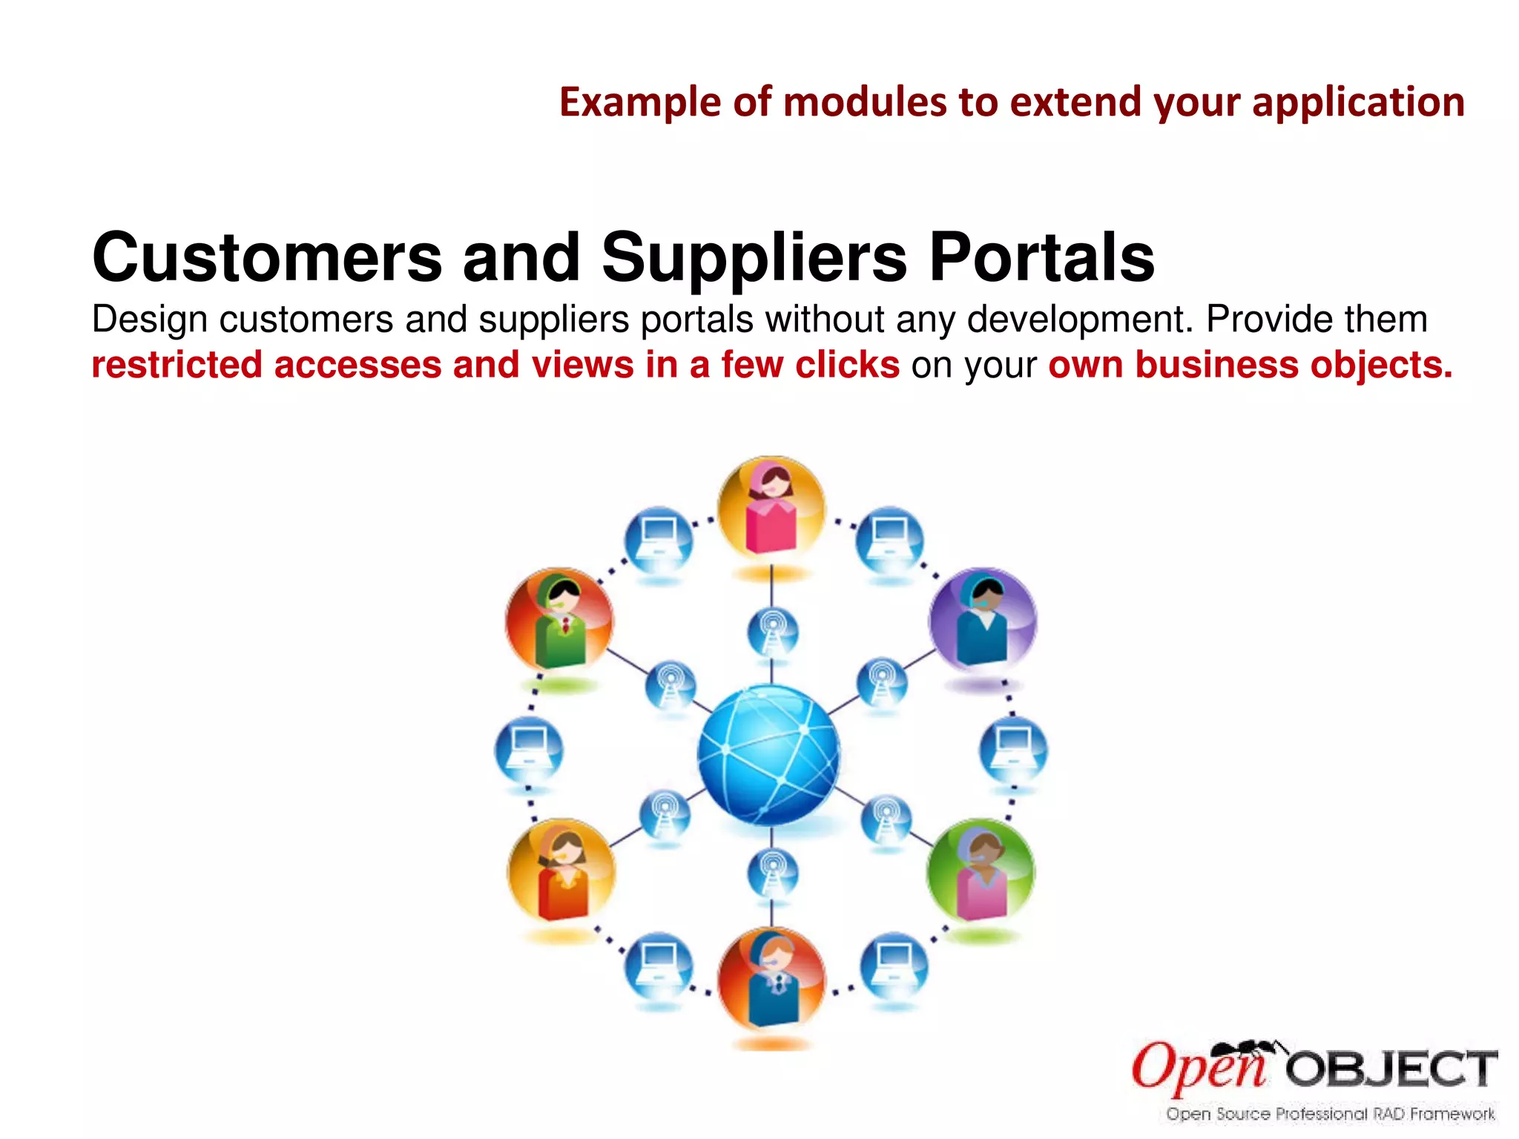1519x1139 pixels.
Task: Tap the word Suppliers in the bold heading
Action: click(754, 258)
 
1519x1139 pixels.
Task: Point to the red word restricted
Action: click(177, 365)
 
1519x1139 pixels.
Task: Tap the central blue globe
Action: click(769, 754)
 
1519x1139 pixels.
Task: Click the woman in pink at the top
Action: click(771, 509)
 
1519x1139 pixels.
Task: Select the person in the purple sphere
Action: click(982, 620)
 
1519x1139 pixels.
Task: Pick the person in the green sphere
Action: click(981, 872)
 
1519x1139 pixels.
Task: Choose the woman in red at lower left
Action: click(561, 872)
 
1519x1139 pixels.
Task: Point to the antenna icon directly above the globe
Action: click(772, 633)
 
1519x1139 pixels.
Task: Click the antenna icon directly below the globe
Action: click(772, 873)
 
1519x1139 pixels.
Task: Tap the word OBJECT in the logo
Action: click(1391, 1069)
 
